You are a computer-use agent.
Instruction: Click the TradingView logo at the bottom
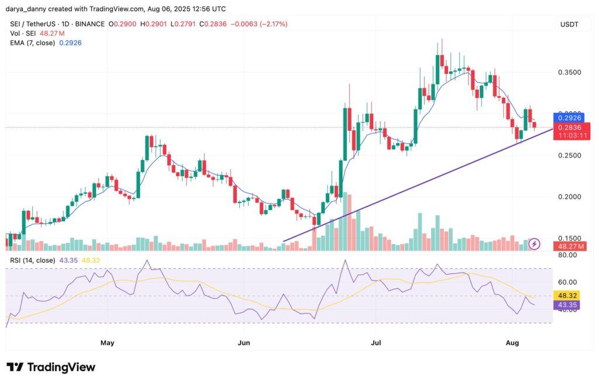tap(51, 367)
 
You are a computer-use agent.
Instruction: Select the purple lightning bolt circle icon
tap(534, 244)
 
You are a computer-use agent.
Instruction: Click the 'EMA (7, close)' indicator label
tap(32, 43)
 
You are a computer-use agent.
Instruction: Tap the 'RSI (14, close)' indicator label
tap(32, 260)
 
